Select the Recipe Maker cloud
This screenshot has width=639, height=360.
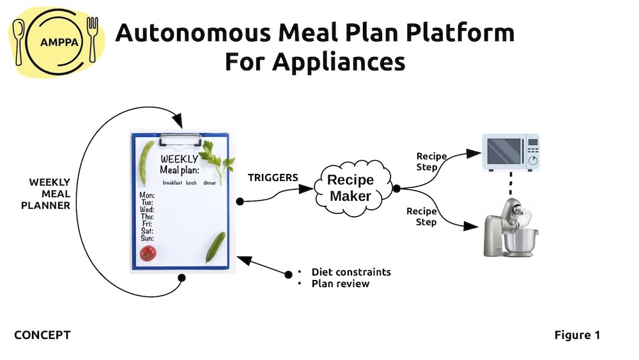[x=350, y=187]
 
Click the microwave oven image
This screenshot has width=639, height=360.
[x=509, y=152]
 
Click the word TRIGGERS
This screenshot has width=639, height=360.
[x=273, y=177]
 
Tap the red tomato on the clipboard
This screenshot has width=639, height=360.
[x=148, y=253]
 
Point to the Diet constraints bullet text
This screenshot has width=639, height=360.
[x=351, y=272]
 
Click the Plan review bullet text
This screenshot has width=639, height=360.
[x=340, y=283]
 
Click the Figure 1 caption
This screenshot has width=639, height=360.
[x=577, y=335]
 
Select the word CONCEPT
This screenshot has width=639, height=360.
[x=42, y=335]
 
